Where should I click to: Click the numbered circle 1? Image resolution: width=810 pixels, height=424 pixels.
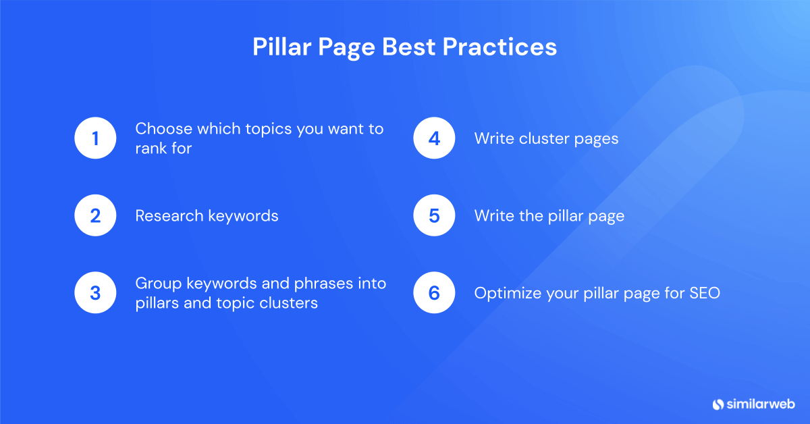tap(95, 138)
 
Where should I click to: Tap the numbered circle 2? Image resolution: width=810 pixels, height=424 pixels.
tap(95, 216)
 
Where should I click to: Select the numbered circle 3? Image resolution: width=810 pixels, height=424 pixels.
tap(95, 293)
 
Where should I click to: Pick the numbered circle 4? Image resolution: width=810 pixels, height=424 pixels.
tap(434, 138)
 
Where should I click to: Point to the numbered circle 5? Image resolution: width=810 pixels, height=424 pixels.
tap(434, 216)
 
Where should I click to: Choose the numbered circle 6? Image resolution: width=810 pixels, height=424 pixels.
tap(434, 293)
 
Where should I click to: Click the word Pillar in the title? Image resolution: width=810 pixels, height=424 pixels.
tap(280, 47)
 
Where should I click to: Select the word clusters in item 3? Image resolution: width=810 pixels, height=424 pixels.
tap(290, 303)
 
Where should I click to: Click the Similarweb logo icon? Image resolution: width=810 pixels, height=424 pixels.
tap(718, 404)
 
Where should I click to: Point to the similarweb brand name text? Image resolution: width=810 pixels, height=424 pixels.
tap(761, 404)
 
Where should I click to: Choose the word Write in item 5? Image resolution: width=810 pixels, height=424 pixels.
tap(491, 216)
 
